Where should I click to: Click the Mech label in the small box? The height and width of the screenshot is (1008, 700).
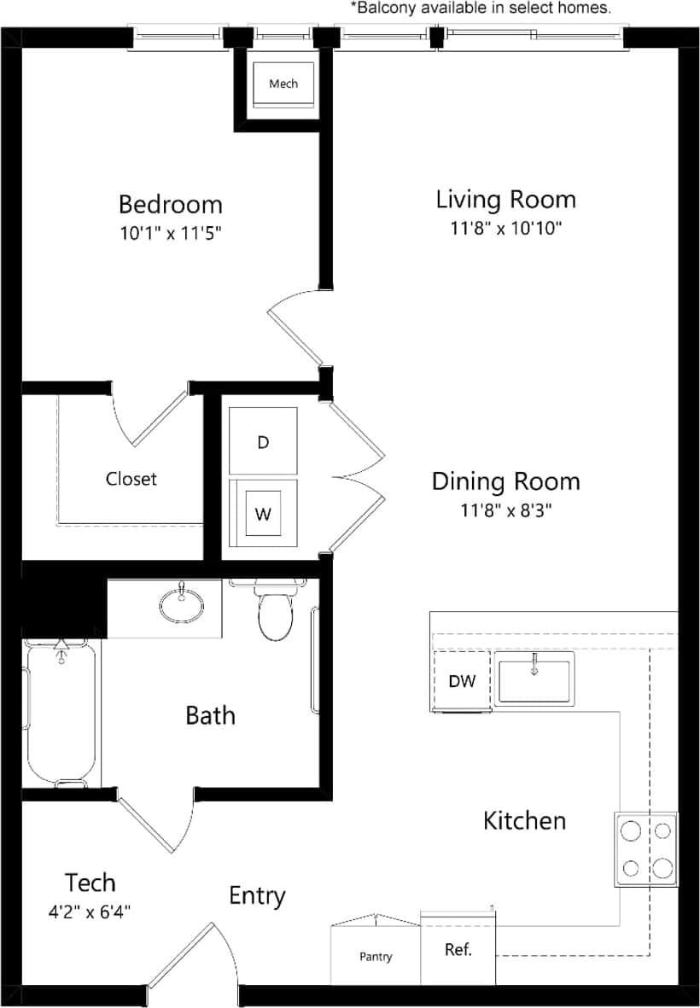pos(283,84)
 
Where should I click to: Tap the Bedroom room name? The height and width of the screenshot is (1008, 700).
pos(170,205)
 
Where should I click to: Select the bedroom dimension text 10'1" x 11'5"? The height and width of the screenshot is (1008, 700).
pos(170,232)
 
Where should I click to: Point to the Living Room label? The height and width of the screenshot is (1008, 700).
pos(505,200)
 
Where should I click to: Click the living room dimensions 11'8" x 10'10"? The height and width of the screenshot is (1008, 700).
pos(505,228)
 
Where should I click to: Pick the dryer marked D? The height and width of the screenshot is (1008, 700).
pos(263,442)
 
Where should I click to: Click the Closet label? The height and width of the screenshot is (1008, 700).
pos(131,479)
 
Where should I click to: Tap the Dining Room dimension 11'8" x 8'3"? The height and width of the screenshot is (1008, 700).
pos(505,510)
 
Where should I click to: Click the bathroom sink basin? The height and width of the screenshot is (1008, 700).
pos(182,604)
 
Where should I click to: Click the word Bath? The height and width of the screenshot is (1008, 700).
pos(210,715)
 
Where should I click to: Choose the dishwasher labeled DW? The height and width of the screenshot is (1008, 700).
pos(461,680)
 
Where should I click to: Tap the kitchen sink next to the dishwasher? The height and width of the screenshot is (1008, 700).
pos(535,680)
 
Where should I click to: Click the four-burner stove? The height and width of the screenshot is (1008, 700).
pos(646,849)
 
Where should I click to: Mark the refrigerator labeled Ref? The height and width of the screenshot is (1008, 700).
pos(458,949)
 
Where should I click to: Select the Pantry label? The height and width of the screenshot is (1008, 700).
pos(376,957)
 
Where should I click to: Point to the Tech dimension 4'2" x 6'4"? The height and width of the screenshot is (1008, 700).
pos(90,911)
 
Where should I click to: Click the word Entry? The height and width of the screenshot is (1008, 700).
pos(257,895)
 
